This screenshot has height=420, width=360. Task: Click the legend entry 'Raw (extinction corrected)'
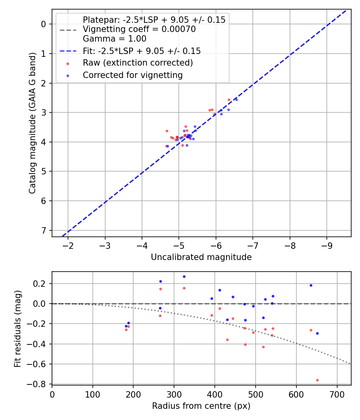[x=138, y=63]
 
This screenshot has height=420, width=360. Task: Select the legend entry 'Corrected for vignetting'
[x=132, y=75]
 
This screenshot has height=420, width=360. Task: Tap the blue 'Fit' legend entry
[x=142, y=51]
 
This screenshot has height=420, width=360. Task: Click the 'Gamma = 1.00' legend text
[x=114, y=39]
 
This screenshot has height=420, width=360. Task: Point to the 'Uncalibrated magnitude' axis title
[x=201, y=257]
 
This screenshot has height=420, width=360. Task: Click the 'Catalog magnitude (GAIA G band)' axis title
[x=32, y=123]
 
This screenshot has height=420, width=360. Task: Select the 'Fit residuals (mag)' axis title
[x=18, y=329]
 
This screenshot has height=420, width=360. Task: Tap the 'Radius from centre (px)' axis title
[x=201, y=406]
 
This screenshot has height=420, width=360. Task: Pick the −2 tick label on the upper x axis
[x=68, y=245]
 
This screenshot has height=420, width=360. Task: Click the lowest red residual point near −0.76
[x=317, y=380]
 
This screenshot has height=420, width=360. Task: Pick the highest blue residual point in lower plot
[x=184, y=276]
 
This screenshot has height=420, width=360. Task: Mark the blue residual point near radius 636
[x=311, y=285]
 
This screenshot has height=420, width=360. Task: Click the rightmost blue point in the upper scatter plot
[x=236, y=99]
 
